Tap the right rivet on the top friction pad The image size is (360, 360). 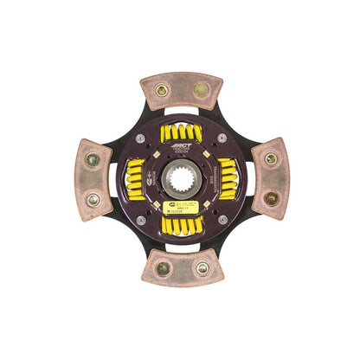(201, 87)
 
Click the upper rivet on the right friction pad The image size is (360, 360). (270, 158)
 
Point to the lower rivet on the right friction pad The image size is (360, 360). (269, 198)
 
